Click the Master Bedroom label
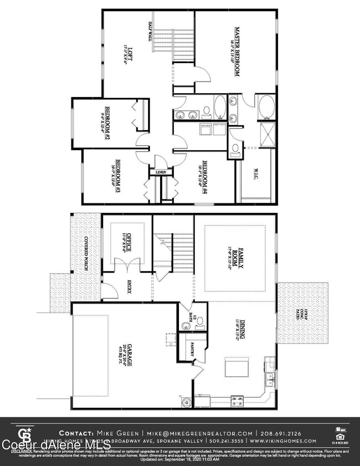236,51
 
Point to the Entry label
129,288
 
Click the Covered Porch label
86,254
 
